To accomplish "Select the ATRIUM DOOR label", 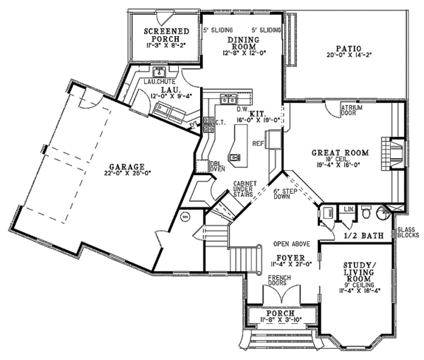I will click(351, 110).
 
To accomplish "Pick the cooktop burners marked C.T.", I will click(208, 124).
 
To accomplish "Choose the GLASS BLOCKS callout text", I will click(408, 234).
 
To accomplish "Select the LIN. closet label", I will click(348, 209).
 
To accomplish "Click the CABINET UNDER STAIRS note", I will click(245, 188).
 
